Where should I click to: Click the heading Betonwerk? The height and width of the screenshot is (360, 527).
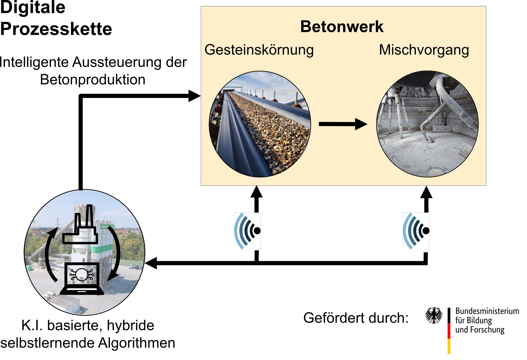342,26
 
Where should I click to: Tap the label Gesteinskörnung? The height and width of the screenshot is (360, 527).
259,50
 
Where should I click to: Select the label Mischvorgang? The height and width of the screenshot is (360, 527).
424,50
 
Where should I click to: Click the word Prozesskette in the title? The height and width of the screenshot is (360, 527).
56,29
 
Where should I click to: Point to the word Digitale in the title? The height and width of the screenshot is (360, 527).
32,7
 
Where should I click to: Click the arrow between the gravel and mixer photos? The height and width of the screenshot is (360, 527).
343,124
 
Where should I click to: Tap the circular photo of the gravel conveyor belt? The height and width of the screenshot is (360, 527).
260,124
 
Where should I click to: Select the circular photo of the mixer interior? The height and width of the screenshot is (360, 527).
427,124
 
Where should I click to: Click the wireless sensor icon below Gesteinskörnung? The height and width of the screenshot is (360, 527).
247,231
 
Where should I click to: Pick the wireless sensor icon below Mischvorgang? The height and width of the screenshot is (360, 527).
416,231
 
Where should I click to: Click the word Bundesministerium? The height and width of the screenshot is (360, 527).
487,311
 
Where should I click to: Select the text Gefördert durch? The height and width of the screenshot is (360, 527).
356,318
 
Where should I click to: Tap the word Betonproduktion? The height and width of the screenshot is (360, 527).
93,80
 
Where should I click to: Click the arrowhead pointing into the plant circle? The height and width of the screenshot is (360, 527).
151,263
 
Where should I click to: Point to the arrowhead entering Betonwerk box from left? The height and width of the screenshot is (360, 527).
194,96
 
